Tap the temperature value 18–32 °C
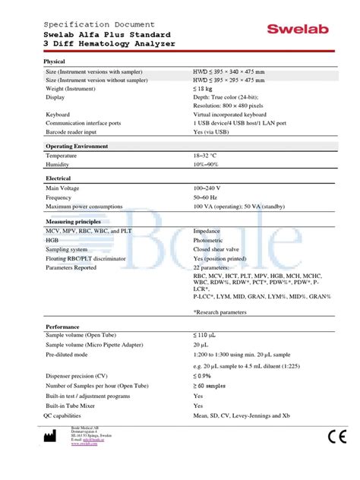pos(210,155)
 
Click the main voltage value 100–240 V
pos(207,188)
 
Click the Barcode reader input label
pos(76,131)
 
